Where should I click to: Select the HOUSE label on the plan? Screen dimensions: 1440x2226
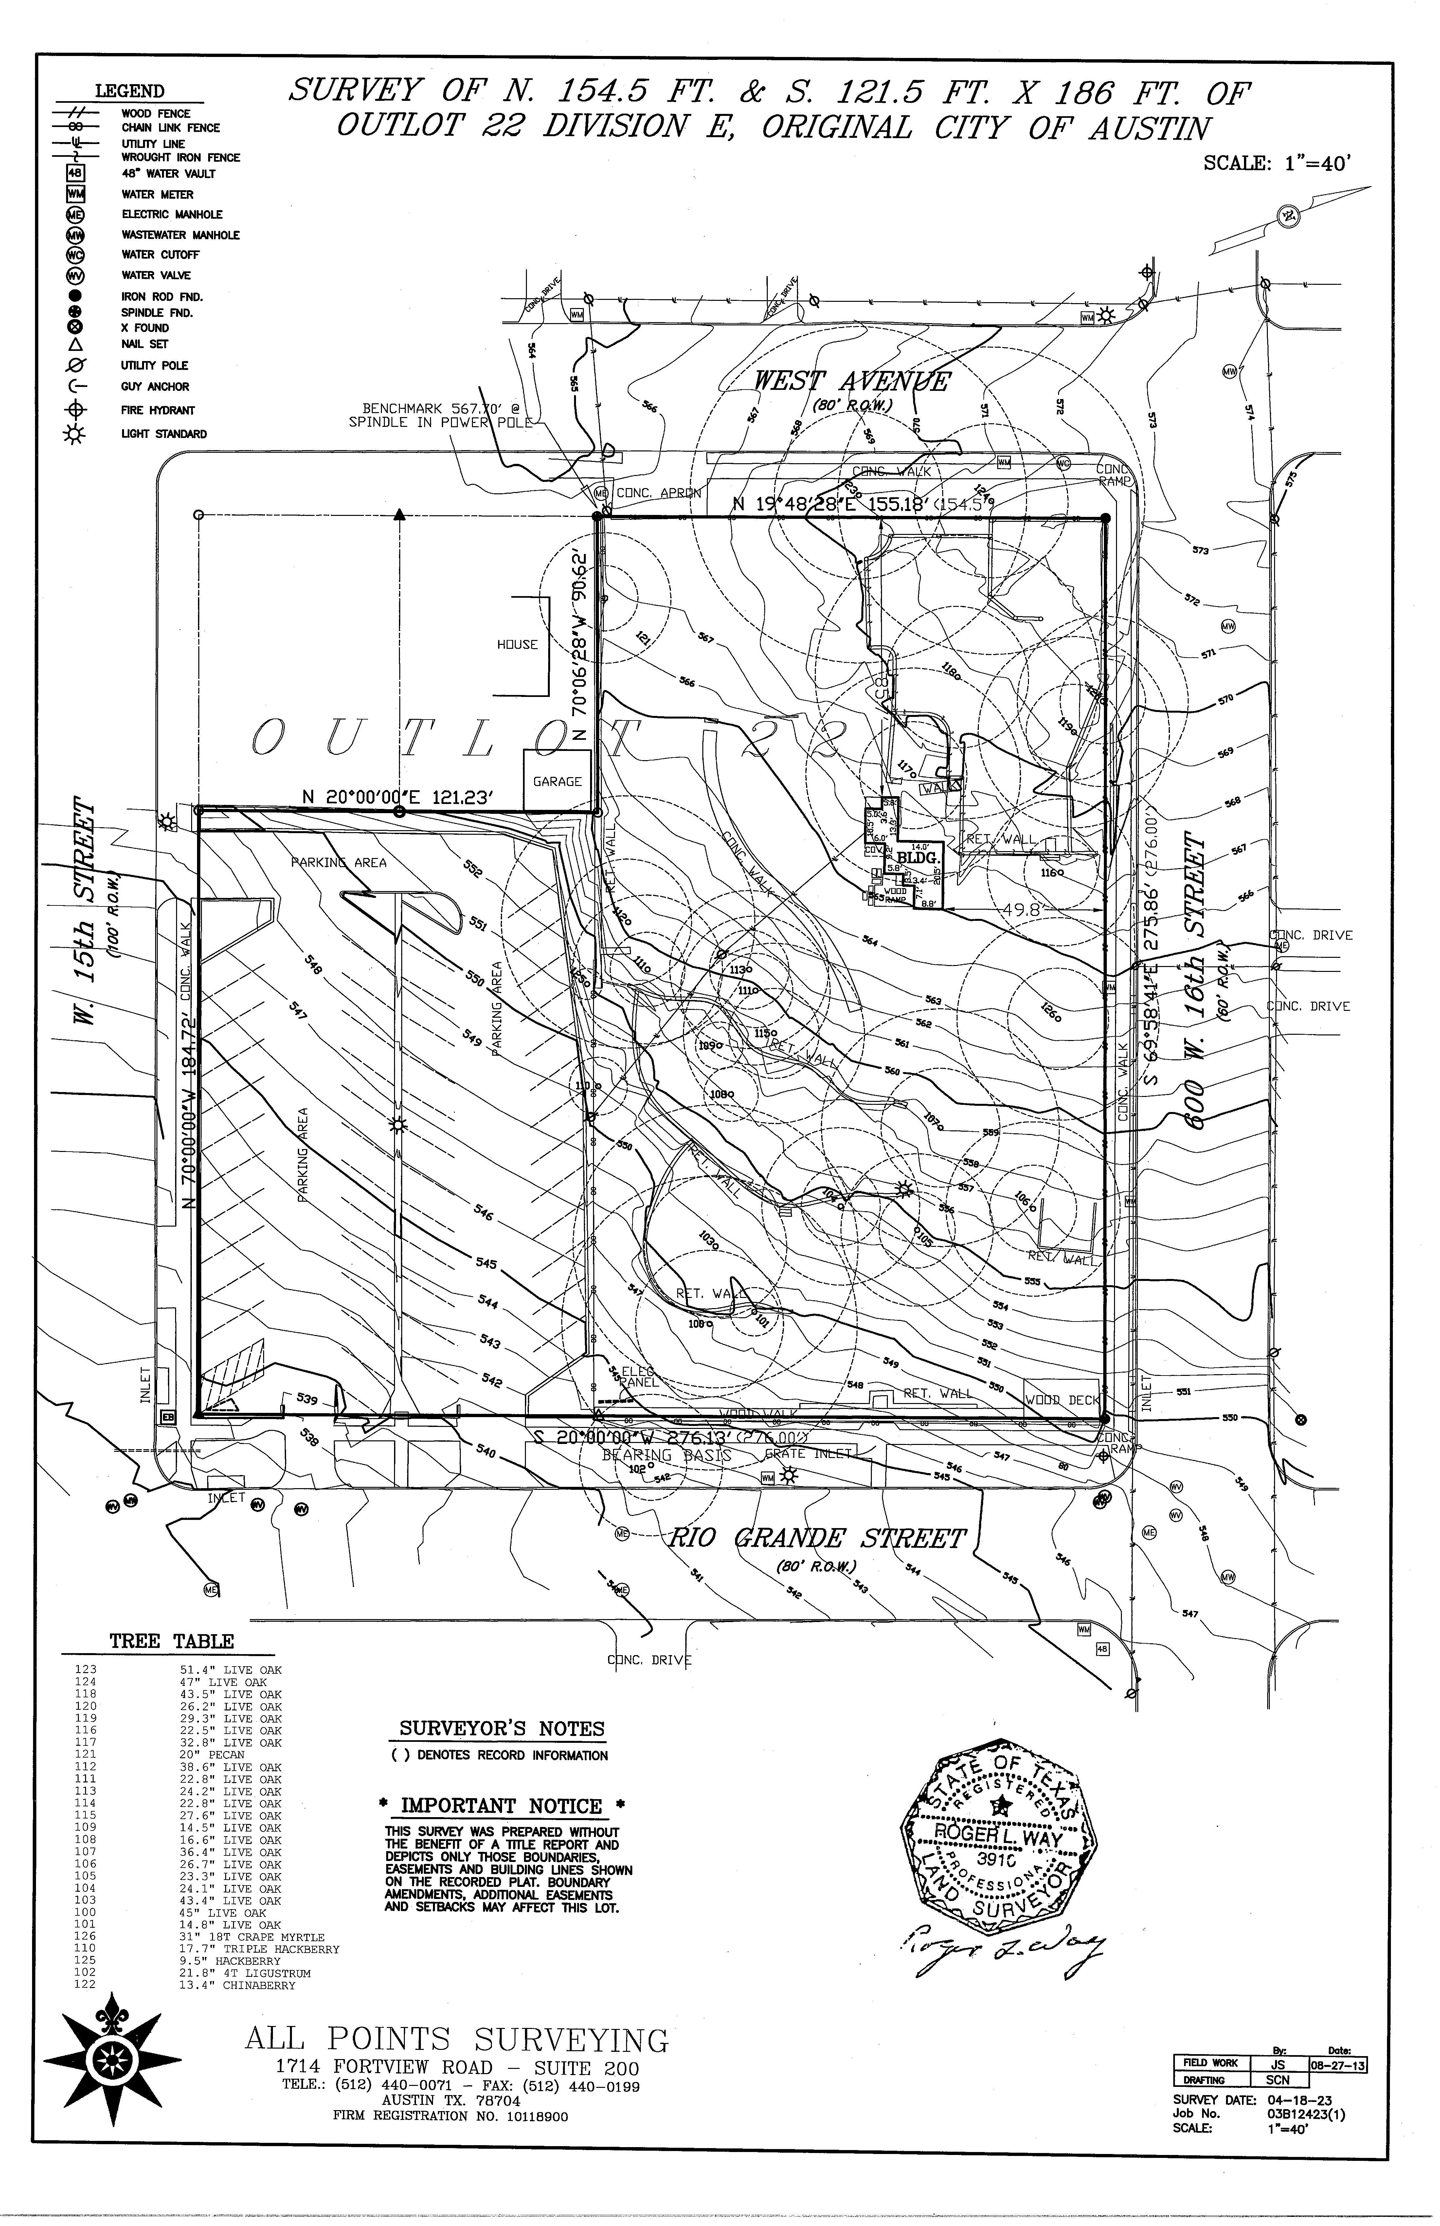(x=517, y=645)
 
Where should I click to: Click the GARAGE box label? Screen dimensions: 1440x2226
(x=557, y=781)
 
